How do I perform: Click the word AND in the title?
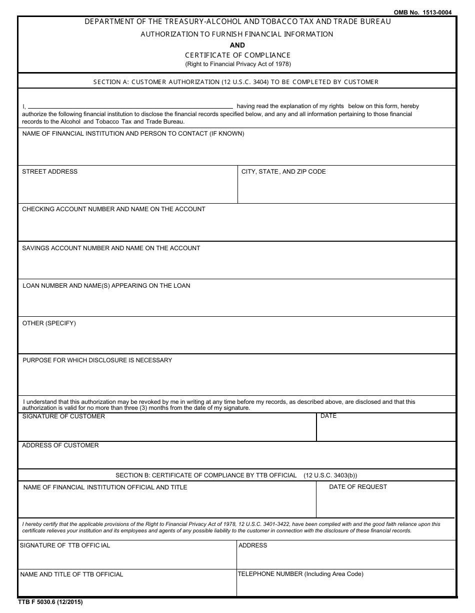tap(237, 45)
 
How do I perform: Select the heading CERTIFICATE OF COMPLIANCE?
tap(237, 55)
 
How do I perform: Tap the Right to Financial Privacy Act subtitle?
tap(237, 64)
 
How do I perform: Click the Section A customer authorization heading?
tap(236, 82)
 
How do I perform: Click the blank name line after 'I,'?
tap(130, 107)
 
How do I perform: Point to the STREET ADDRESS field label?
tap(49, 172)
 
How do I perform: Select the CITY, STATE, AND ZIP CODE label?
tap(283, 172)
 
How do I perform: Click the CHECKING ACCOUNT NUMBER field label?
tap(113, 209)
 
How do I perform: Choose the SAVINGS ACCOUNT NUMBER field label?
tap(111, 248)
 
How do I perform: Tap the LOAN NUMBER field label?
tap(106, 286)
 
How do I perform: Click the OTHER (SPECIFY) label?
tap(49, 323)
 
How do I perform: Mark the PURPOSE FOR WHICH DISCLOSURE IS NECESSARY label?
tap(97, 360)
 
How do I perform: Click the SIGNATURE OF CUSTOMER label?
tap(63, 416)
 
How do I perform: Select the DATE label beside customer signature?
tap(328, 416)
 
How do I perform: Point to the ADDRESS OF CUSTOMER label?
tap(60, 445)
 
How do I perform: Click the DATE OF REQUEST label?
tap(358, 487)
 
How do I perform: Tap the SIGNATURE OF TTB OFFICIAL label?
tap(65, 545)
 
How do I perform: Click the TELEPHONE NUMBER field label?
tap(300, 574)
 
